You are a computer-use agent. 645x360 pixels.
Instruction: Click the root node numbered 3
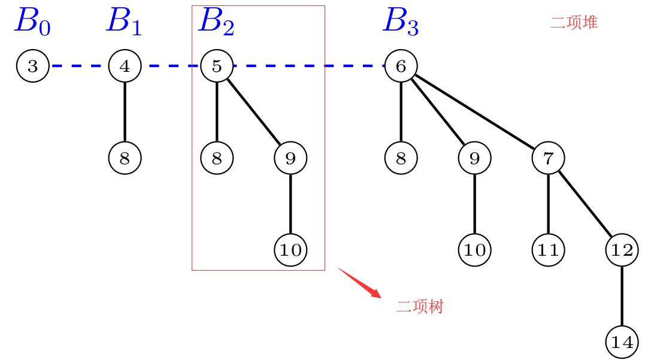click(x=32, y=66)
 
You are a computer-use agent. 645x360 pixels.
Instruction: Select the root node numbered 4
click(x=125, y=66)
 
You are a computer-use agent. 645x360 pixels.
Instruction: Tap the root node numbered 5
click(x=217, y=66)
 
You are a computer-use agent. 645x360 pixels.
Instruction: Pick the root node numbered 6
click(x=401, y=66)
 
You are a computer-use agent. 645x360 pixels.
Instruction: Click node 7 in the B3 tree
click(x=548, y=158)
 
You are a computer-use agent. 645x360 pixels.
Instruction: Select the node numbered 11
click(x=548, y=250)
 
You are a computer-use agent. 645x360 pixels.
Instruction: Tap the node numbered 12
click(x=622, y=250)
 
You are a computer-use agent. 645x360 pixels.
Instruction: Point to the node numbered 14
click(x=622, y=342)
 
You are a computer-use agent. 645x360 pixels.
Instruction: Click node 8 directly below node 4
click(x=125, y=158)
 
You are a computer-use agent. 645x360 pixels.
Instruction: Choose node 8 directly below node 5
click(x=217, y=158)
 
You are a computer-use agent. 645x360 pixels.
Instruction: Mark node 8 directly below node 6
click(x=401, y=158)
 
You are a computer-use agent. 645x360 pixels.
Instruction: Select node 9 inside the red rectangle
click(x=290, y=158)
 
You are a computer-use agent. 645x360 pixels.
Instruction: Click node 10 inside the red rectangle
click(x=290, y=250)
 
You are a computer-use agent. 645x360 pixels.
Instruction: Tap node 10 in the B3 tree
click(x=474, y=250)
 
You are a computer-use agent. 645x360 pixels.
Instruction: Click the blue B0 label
click(x=32, y=22)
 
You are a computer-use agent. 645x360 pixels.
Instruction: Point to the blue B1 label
click(x=124, y=22)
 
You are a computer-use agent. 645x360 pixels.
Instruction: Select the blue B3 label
click(x=401, y=22)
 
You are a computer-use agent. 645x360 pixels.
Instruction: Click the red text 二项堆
click(x=574, y=23)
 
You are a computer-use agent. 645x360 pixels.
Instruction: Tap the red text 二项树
click(x=420, y=307)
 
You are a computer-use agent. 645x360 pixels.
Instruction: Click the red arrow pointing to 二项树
click(x=360, y=282)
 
